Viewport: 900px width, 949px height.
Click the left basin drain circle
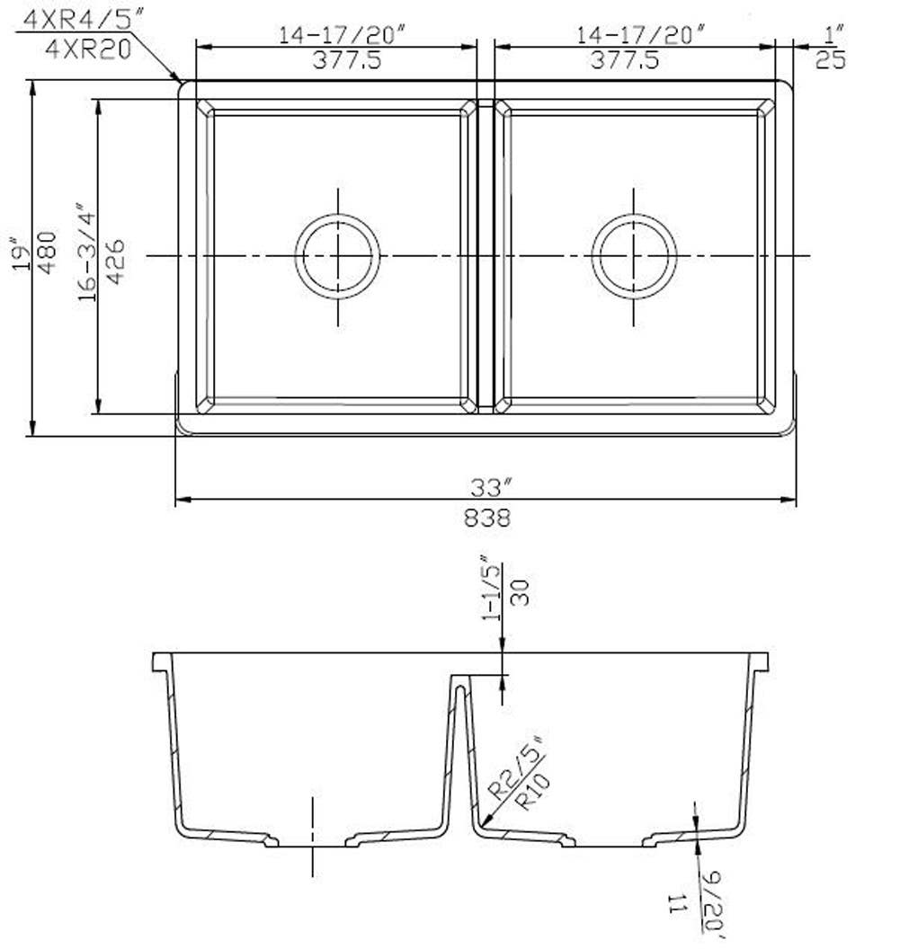tap(338, 256)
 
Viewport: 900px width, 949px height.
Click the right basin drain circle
tap(634, 256)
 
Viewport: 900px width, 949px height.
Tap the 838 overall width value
tap(486, 518)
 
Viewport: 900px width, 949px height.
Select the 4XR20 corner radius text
tap(87, 47)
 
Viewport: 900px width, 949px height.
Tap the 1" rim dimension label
tap(833, 34)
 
